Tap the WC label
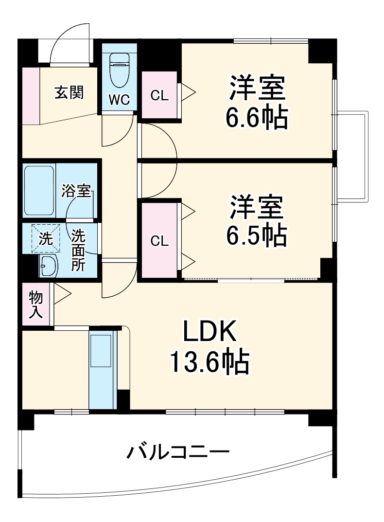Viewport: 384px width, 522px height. (x=119, y=100)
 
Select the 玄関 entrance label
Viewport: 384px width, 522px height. (x=69, y=92)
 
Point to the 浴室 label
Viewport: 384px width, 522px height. (x=76, y=191)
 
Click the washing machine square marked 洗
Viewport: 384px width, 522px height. (x=45, y=238)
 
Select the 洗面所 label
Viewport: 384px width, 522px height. (x=78, y=250)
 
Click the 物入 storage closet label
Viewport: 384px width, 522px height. (x=36, y=305)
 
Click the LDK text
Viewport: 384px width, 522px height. (x=209, y=332)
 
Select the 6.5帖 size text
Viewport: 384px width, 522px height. (x=256, y=235)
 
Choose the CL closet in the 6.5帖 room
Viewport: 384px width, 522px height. (x=159, y=241)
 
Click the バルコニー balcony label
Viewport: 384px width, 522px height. (x=178, y=454)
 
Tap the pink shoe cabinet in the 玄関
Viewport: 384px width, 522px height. (x=30, y=95)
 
